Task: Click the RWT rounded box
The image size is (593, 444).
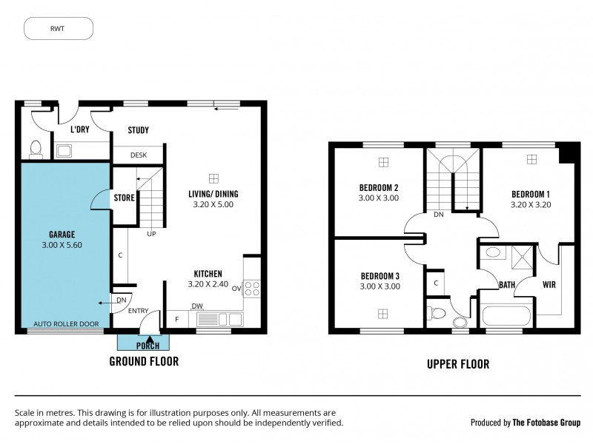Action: pos(59,28)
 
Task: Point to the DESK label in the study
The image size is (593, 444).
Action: pos(138,155)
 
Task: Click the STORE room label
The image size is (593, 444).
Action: pos(124,198)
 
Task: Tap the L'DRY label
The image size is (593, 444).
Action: pos(79,130)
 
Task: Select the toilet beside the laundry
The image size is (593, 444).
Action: pos(34,150)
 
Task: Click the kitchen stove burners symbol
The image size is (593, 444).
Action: pos(252,287)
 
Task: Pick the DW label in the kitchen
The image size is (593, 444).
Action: pos(197,305)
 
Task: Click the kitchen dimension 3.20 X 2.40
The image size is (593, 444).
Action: pos(208,284)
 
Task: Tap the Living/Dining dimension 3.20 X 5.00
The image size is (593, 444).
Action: pos(213,204)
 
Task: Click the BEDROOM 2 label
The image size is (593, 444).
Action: pos(379,187)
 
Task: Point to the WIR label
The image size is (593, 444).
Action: pos(549,284)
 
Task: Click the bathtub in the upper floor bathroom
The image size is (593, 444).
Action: pos(506,317)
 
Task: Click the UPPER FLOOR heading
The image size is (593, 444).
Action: pos(457,364)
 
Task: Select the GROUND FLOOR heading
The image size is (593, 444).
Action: pos(144,361)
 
